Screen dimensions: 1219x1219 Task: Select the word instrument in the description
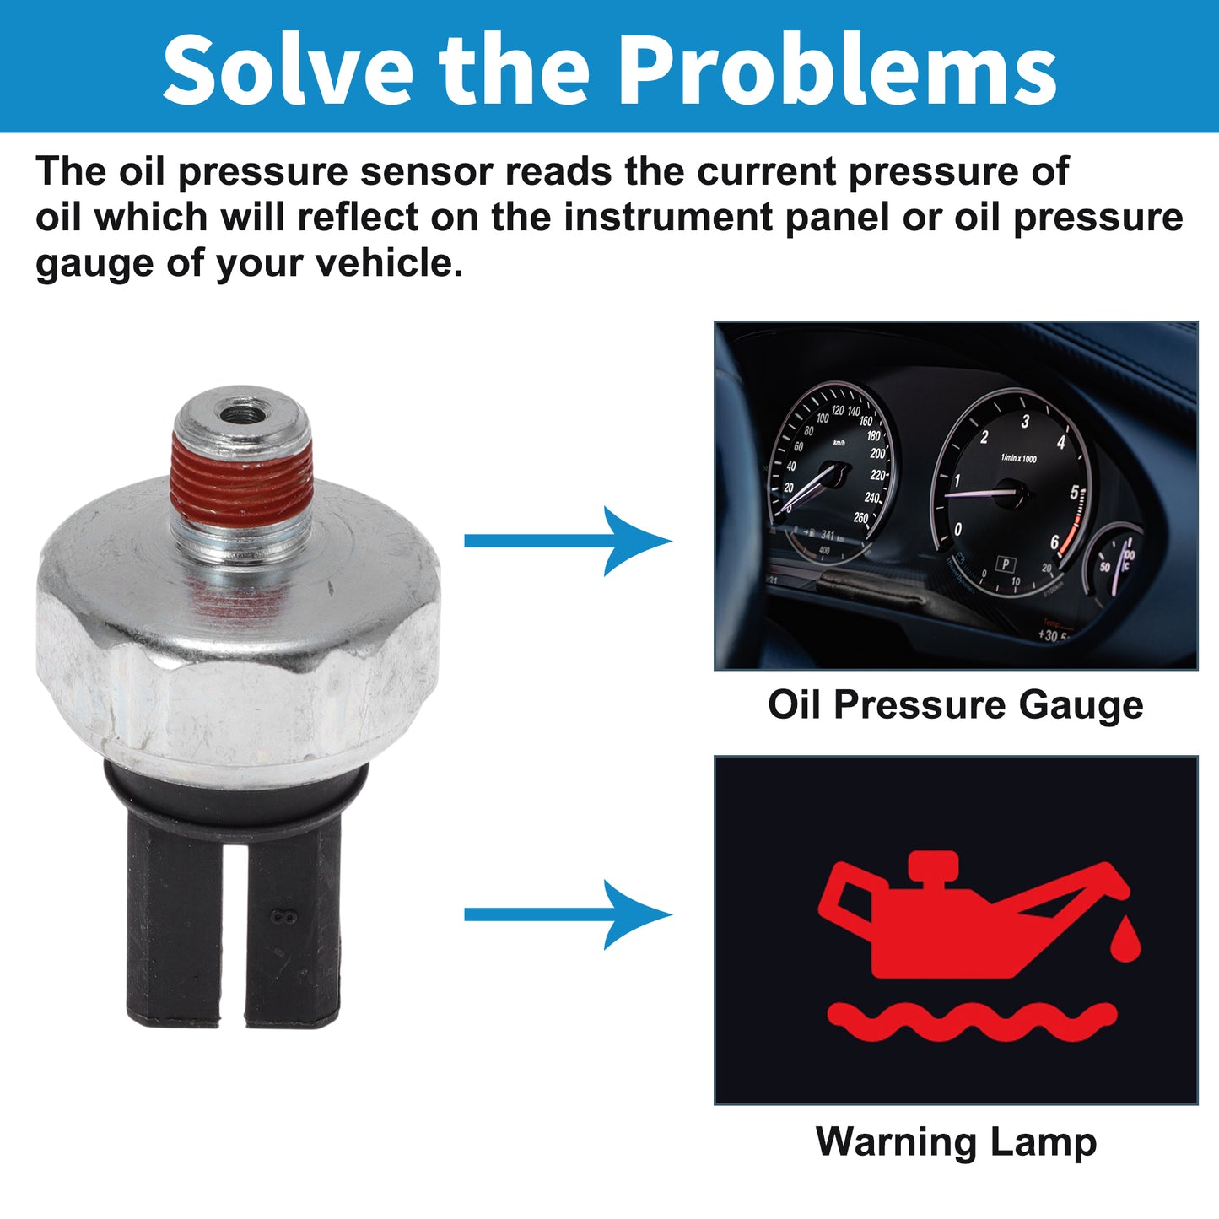[x=669, y=217]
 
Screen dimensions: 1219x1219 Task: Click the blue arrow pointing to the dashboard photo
[x=568, y=541]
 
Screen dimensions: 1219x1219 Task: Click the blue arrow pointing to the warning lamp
[x=568, y=914]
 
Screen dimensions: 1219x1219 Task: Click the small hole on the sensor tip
[x=240, y=415]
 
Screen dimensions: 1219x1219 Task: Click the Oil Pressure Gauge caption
[x=955, y=706]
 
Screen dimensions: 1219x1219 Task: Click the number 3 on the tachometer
[x=1026, y=421]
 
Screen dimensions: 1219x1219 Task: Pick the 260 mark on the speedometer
[x=860, y=518]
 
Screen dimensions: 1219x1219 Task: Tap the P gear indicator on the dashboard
[x=1006, y=564]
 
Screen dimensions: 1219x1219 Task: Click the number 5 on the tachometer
[x=1074, y=492]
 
